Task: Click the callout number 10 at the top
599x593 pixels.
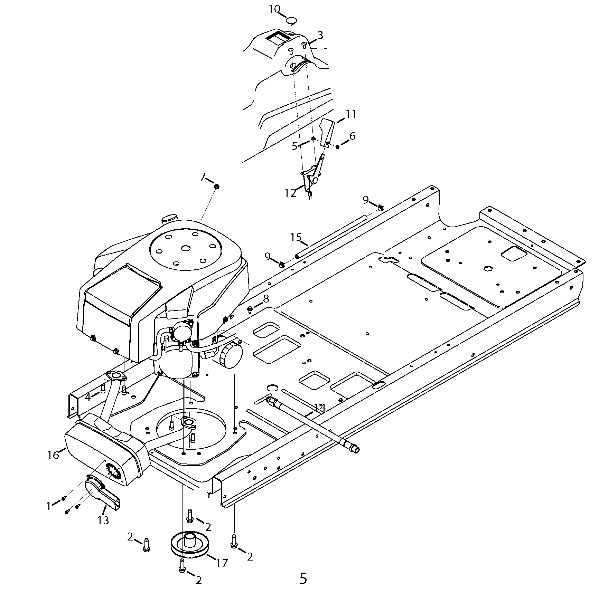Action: click(x=274, y=9)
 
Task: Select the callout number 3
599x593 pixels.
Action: click(x=320, y=35)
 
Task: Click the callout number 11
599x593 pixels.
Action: click(x=351, y=114)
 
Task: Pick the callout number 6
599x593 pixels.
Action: click(x=352, y=136)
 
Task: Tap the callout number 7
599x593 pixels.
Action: click(x=203, y=177)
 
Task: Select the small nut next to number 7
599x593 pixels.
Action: click(x=217, y=187)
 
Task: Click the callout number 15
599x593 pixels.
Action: click(x=296, y=237)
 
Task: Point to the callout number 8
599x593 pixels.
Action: click(x=265, y=298)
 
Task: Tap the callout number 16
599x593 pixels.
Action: click(x=53, y=455)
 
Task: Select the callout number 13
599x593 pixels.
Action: click(x=103, y=520)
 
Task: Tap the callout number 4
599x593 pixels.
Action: click(x=88, y=398)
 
